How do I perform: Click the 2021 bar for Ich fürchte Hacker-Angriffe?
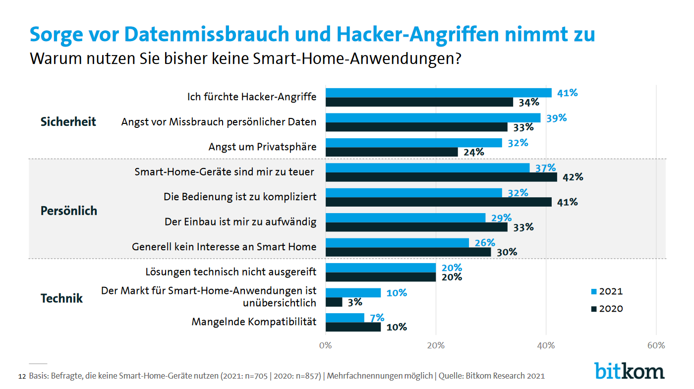(438, 93)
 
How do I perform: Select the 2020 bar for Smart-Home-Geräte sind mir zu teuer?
(441, 177)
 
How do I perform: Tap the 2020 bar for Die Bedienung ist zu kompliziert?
(438, 202)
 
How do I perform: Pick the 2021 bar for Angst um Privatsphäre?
(413, 143)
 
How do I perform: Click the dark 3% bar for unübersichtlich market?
(334, 302)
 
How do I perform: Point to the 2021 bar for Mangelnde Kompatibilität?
(345, 318)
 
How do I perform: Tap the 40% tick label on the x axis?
(546, 345)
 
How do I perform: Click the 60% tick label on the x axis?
(656, 345)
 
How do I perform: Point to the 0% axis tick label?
(325, 345)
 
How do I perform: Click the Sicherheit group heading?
(68, 122)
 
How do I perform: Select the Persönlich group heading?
(68, 211)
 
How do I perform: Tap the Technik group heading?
(61, 298)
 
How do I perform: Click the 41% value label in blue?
(567, 93)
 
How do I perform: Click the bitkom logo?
(630, 370)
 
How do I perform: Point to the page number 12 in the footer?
(21, 376)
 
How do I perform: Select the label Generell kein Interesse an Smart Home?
(224, 246)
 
